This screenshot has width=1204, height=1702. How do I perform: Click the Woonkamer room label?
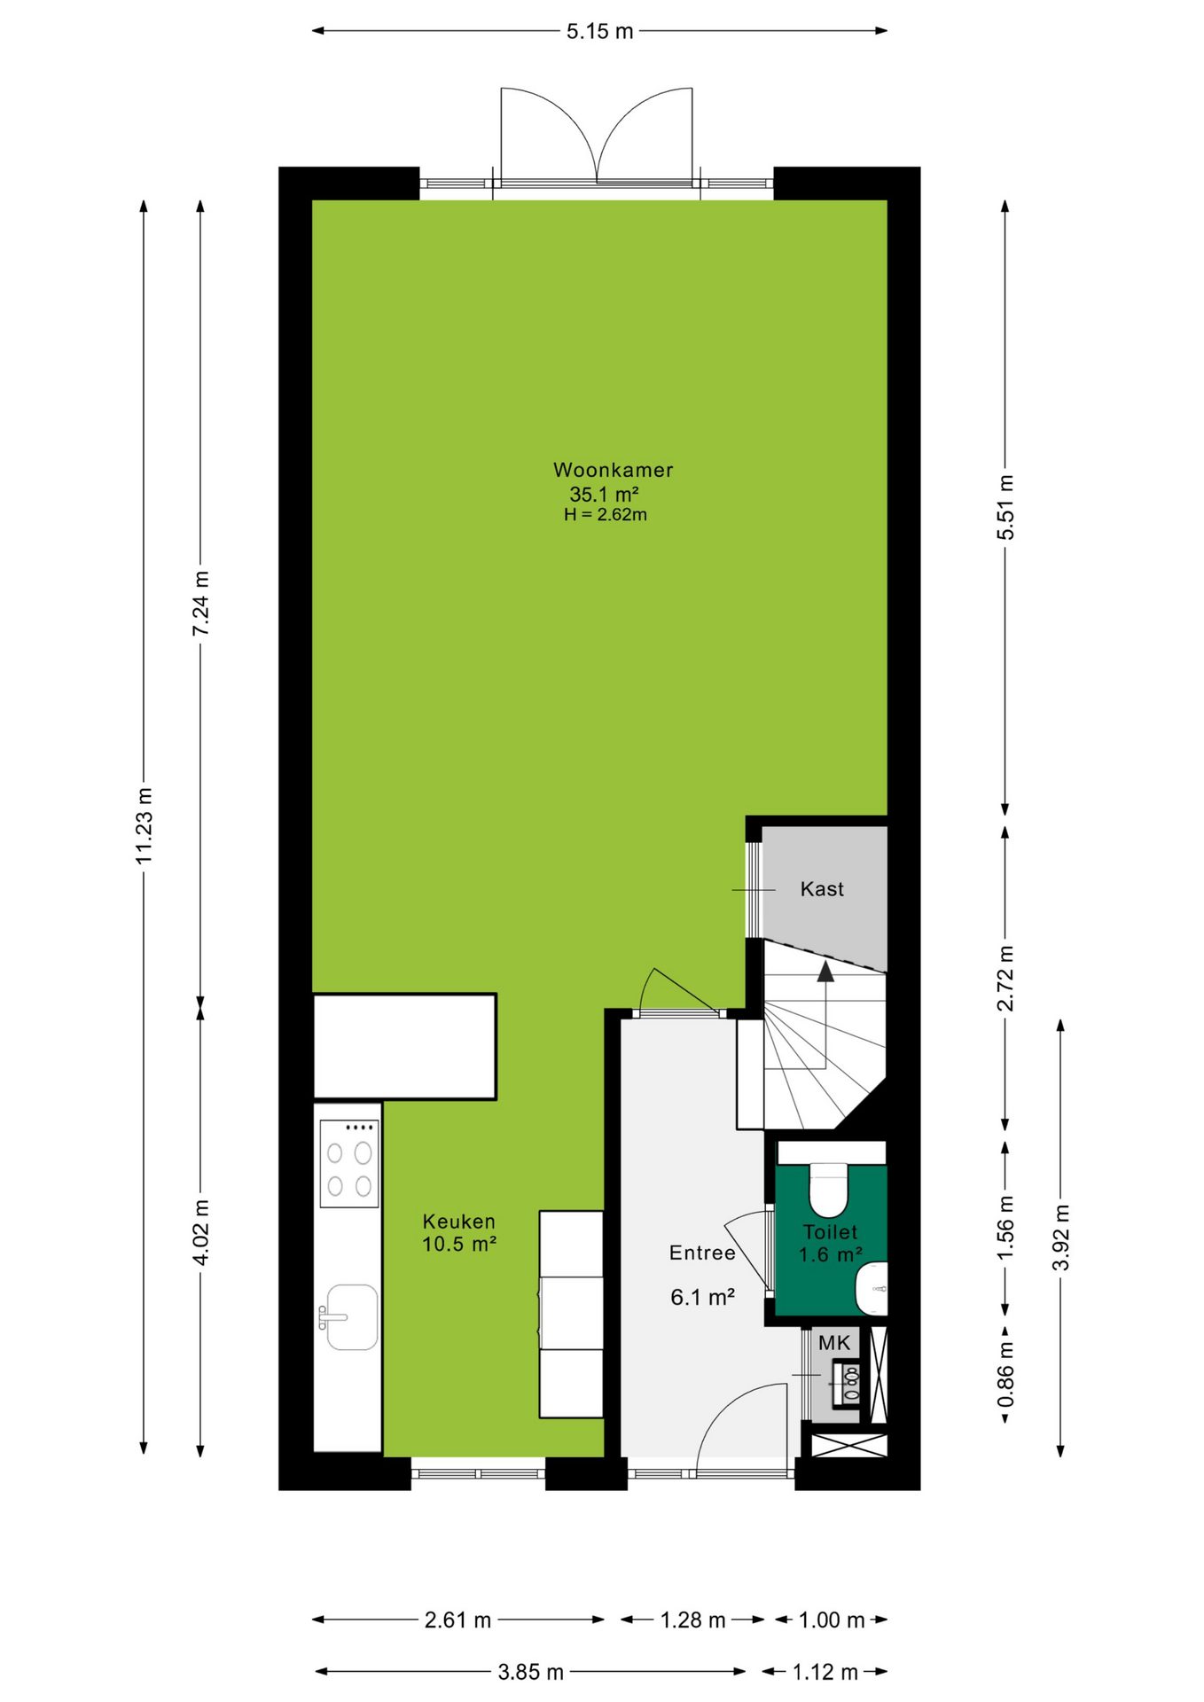(x=613, y=470)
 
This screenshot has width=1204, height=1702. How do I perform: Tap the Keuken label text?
(x=458, y=1222)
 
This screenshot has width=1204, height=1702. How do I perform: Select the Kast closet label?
(x=822, y=889)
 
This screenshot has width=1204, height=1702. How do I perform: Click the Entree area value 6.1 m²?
(x=702, y=1298)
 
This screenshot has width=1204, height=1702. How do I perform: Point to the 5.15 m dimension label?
(x=600, y=31)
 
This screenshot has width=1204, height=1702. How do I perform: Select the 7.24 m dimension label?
(x=201, y=604)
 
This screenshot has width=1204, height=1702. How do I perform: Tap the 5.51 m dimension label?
(x=1005, y=507)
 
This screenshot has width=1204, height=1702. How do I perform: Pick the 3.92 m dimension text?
(x=1061, y=1237)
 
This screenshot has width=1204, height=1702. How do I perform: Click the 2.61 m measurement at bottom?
(x=457, y=1620)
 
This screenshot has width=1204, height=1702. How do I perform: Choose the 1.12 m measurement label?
(x=825, y=1672)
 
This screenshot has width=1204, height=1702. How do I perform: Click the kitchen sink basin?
(x=352, y=1317)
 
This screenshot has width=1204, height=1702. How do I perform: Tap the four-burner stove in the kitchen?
(x=349, y=1163)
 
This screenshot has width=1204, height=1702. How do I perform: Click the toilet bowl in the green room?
(x=829, y=1190)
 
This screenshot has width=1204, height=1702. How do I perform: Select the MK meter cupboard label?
(x=834, y=1343)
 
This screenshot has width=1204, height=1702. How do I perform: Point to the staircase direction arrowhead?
(x=825, y=972)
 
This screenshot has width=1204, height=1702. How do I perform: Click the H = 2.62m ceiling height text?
(x=606, y=515)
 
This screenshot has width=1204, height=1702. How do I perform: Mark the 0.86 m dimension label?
(x=1005, y=1375)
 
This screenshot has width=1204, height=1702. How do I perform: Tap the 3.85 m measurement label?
(x=530, y=1672)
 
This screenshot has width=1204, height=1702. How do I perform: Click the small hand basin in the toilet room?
(x=872, y=1289)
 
